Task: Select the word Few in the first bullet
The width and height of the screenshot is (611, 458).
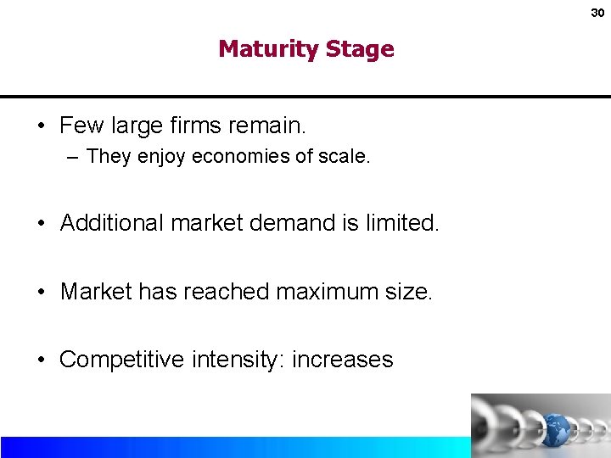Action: point(80,126)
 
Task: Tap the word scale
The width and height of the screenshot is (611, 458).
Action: point(345,157)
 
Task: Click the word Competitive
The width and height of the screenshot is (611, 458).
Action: point(121,360)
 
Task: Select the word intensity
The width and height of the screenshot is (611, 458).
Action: point(247,360)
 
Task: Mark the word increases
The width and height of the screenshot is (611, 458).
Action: point(343,360)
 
